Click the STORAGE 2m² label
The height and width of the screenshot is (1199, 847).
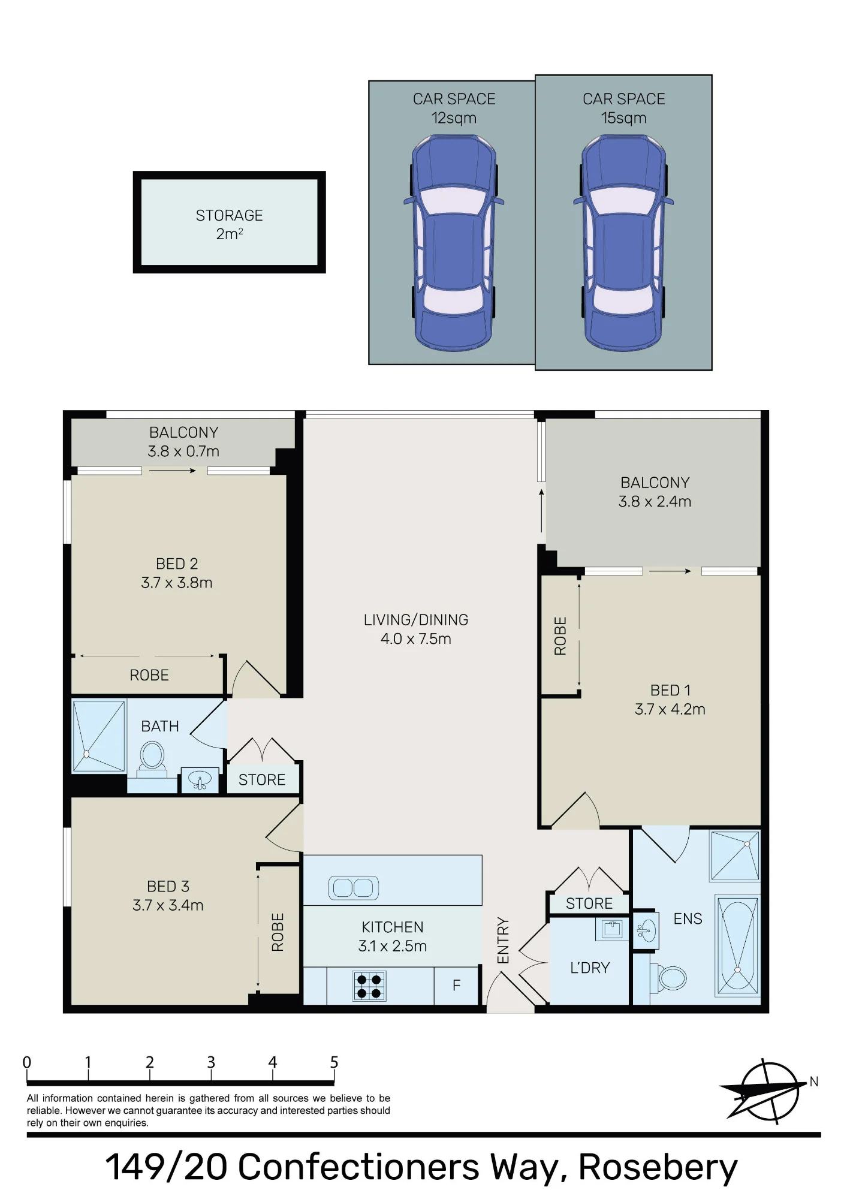click(229, 224)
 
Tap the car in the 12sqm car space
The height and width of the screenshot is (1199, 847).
click(454, 243)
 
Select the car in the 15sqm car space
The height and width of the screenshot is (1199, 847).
click(623, 243)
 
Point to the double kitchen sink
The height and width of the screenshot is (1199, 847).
click(353, 888)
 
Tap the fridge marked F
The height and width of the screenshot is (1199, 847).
click(457, 985)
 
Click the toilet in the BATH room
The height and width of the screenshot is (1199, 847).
click(152, 759)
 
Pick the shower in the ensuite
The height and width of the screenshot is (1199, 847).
click(735, 855)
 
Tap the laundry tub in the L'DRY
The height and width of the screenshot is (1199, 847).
click(611, 929)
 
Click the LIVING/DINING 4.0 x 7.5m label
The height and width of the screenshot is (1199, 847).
click(416, 629)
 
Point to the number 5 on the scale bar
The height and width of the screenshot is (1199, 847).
click(334, 1063)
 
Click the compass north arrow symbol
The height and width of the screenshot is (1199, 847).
click(768, 1092)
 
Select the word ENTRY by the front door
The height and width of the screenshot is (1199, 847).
click(503, 941)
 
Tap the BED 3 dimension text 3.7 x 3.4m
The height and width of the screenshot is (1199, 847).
click(168, 905)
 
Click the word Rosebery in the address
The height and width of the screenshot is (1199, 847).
click(658, 1167)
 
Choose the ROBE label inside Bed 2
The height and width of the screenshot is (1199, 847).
click(149, 675)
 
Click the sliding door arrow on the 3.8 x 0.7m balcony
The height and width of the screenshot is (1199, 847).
click(173, 471)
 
